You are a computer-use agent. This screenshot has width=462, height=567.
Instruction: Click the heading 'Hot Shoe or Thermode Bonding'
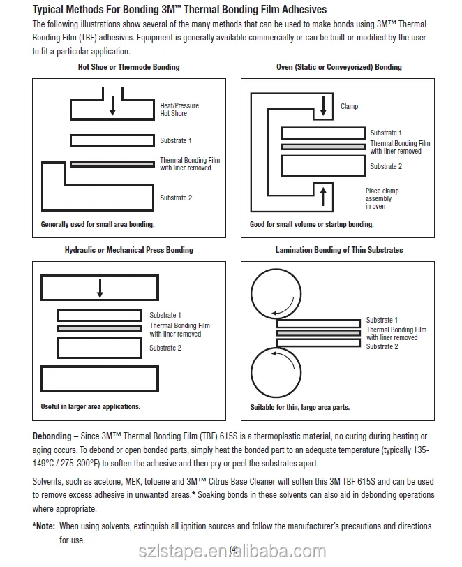pos(128,67)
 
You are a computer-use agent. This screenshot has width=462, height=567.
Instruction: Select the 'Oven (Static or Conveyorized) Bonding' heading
pos(339,67)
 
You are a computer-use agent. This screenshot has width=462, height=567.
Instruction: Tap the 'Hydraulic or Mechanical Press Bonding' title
pos(129,250)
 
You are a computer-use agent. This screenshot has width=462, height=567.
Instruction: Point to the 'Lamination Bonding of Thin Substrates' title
pos(339,250)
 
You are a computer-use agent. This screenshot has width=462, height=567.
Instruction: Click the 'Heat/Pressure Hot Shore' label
pos(179,110)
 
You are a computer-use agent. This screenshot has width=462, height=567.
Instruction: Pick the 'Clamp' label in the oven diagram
pos(350,106)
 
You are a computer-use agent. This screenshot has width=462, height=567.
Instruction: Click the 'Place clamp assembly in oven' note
pos(382,199)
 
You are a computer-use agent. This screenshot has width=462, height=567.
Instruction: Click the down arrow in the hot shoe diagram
pos(112,103)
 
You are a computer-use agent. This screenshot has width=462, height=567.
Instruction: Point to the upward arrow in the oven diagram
pos(322,194)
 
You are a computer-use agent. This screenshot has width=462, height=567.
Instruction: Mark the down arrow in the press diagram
pos(100,287)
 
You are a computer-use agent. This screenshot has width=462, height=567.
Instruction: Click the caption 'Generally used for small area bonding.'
pos(98,225)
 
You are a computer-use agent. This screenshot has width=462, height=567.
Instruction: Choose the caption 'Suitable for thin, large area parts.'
pos(300,407)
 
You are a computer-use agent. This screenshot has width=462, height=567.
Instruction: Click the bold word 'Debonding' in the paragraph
pos(52,436)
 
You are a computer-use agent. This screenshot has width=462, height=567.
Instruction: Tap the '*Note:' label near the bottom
pos(44,526)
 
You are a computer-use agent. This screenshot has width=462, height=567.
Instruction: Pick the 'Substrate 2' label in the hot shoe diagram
pos(176,198)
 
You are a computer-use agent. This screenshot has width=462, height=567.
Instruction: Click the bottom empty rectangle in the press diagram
pos(100,378)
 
